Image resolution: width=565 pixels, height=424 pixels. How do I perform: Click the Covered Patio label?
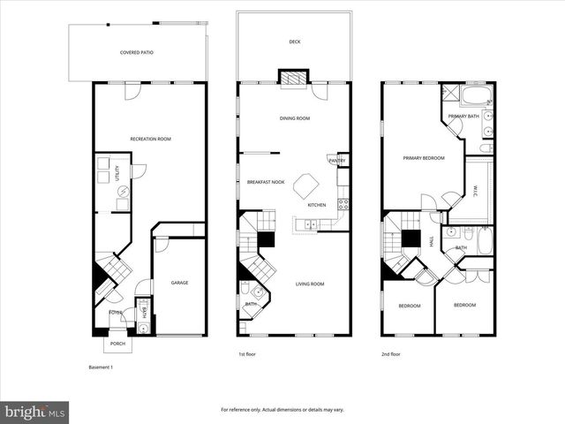coord(137,53)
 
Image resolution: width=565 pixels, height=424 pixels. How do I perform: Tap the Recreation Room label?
coord(150,139)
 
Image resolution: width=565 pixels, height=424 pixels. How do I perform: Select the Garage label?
coord(179,283)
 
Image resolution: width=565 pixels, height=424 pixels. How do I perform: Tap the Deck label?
coord(294,42)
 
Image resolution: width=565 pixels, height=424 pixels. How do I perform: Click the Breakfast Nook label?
coord(265,182)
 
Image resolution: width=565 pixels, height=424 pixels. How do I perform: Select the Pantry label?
coord(336,160)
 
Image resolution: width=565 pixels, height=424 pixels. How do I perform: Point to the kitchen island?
coord(307,186)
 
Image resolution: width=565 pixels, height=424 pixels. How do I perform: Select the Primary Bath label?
coord(463,117)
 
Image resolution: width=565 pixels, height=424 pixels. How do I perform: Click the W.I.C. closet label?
coord(475,188)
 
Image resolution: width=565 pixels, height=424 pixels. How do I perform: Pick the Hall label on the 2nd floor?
coord(431,240)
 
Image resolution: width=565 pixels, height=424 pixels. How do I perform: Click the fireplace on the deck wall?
coord(294,78)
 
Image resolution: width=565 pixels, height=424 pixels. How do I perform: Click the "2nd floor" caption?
coord(390,354)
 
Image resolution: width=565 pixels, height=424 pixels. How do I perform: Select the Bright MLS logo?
coord(35,412)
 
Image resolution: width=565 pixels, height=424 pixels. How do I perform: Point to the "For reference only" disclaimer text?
coord(282,410)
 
